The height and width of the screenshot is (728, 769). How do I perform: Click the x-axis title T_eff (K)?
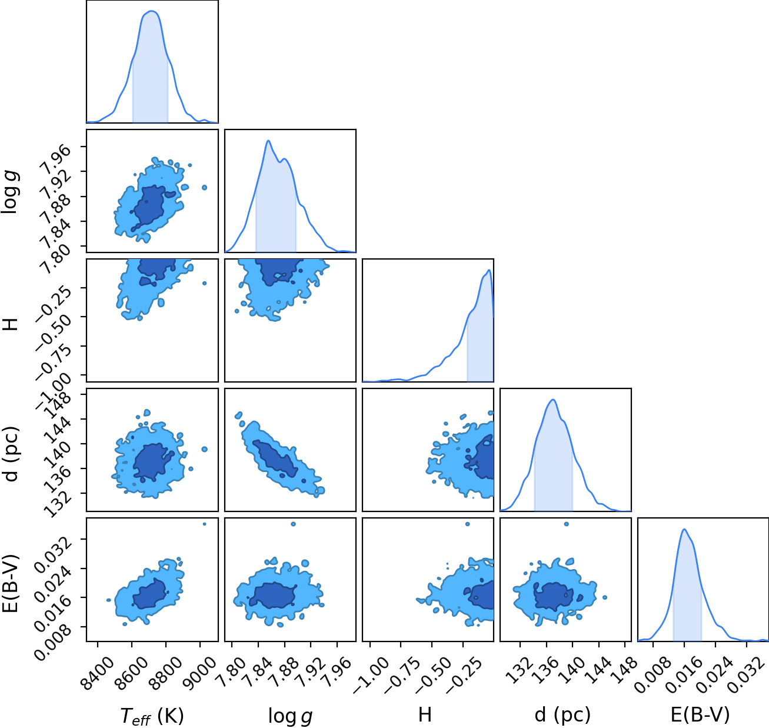pos(152,714)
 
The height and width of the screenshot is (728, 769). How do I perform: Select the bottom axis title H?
pos(425,714)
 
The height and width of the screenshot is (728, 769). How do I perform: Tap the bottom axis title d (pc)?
pos(562,714)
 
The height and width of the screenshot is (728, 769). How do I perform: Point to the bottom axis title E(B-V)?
pos(700,714)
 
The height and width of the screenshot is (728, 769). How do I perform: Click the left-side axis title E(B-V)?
pos(10,584)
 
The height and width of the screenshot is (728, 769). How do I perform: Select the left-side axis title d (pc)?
pos(10,454)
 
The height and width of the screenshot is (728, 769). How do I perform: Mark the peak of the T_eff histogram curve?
pos(152,11)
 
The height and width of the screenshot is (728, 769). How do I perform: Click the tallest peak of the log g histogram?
pos(268,141)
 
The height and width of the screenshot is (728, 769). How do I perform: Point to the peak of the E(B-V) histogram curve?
pos(684,529)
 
